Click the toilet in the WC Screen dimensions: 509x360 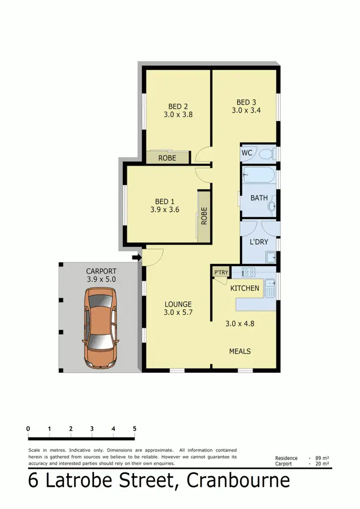[267, 154]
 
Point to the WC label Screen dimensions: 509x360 [247, 153]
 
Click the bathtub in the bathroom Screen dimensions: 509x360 [259, 175]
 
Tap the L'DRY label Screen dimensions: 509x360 [259, 242]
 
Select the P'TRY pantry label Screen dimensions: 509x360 [221, 273]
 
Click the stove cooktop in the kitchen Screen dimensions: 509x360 [249, 272]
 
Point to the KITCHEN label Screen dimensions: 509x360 [245, 288]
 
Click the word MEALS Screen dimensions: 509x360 [240, 351]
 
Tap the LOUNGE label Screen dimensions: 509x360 [178, 304]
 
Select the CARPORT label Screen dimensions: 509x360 [101, 271]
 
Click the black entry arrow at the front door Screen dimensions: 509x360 [136, 258]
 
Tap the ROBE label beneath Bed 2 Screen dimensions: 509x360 [167, 158]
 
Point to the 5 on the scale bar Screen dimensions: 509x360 [134, 429]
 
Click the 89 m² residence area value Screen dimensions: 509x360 [322, 458]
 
